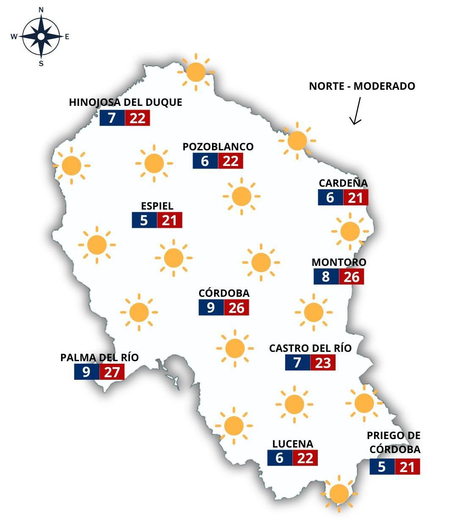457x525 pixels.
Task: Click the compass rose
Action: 41,37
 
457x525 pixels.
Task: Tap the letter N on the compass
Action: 41,10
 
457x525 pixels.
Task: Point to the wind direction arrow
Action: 355,111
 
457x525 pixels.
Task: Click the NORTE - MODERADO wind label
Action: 362,86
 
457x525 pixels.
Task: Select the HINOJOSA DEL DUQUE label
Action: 125,102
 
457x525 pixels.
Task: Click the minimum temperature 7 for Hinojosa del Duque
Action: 112,118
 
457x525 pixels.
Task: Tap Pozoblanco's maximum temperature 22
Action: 231,161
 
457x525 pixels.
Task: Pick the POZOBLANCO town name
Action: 218,146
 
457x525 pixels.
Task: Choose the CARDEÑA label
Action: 343,183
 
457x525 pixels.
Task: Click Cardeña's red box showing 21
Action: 355,198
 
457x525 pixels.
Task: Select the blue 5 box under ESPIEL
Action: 144,221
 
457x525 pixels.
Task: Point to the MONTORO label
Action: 339,262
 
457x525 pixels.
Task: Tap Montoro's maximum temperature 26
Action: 352,277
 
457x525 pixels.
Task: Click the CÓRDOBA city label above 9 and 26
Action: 224,293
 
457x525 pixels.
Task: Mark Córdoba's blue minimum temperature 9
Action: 211,308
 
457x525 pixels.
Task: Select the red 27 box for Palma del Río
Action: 112,372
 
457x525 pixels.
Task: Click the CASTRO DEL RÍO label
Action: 310,348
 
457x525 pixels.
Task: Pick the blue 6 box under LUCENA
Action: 280,458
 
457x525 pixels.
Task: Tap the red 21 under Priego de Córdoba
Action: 407,467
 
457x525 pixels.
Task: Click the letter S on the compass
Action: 41,64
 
